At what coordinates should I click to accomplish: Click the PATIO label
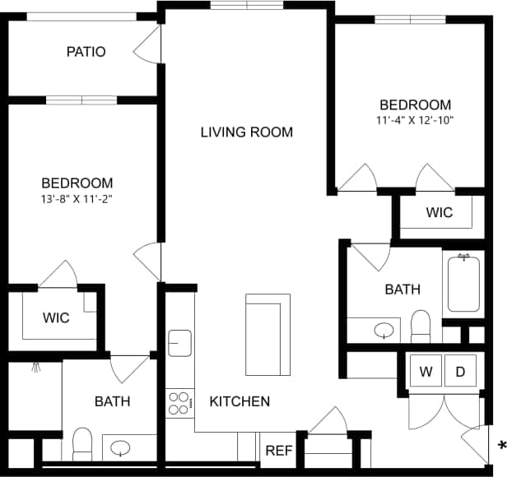pyautogui.click(x=86, y=52)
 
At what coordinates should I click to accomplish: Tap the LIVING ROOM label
pyautogui.click(x=246, y=132)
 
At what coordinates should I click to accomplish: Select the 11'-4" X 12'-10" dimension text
pyautogui.click(x=415, y=120)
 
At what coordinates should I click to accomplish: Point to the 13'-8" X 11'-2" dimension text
pyautogui.click(x=77, y=198)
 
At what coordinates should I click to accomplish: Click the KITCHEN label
pyautogui.click(x=240, y=401)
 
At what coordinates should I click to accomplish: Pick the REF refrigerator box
pyautogui.click(x=278, y=451)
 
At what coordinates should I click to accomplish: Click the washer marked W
pyautogui.click(x=426, y=371)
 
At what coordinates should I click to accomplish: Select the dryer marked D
pyautogui.click(x=460, y=371)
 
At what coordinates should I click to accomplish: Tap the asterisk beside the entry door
pyautogui.click(x=501, y=447)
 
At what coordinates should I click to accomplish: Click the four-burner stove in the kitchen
pyautogui.click(x=179, y=402)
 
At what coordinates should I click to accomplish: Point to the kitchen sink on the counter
pyautogui.click(x=179, y=342)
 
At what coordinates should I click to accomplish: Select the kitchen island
pyautogui.click(x=267, y=333)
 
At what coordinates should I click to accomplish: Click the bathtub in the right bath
pyautogui.click(x=465, y=283)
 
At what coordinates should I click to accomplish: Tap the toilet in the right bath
pyautogui.click(x=421, y=326)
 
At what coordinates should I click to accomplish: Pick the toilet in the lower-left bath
pyautogui.click(x=82, y=444)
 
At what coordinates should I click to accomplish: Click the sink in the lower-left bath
pyautogui.click(x=121, y=448)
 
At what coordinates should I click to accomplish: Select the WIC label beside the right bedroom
pyautogui.click(x=439, y=212)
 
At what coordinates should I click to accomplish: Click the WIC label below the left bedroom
pyautogui.click(x=56, y=317)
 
